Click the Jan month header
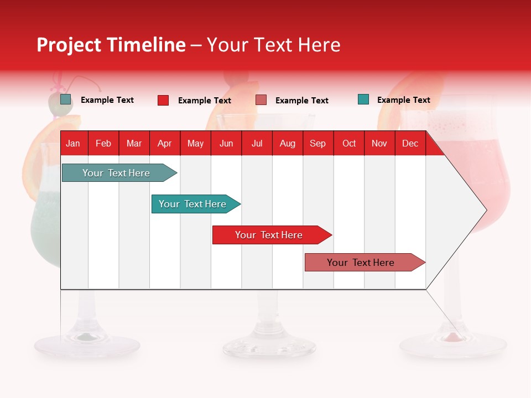click(x=73, y=143)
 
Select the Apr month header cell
click(x=164, y=143)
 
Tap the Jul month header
click(x=257, y=143)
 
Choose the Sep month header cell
click(x=317, y=143)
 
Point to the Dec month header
click(x=410, y=143)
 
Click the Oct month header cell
click(x=349, y=143)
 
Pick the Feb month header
click(x=103, y=143)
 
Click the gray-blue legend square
click(x=66, y=99)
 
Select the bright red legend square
click(x=163, y=100)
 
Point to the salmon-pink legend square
click(x=261, y=100)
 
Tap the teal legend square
click(x=363, y=99)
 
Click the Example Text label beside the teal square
click(x=403, y=100)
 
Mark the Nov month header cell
click(x=379, y=143)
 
